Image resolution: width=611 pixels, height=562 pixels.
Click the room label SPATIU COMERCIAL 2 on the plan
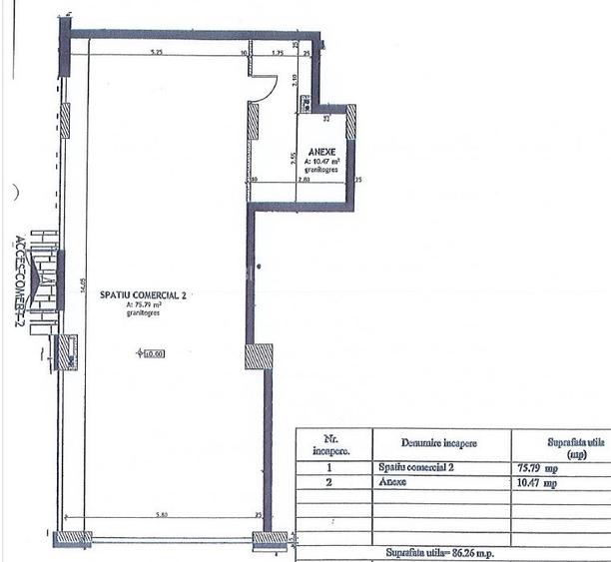point(144,295)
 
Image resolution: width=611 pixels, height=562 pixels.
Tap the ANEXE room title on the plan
point(322,151)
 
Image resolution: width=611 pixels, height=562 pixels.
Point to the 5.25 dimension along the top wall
point(156,51)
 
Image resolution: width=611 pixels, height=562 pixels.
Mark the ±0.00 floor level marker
point(151,352)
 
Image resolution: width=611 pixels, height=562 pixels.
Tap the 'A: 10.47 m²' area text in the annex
point(322,161)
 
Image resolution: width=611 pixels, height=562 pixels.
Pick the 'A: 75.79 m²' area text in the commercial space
point(144,305)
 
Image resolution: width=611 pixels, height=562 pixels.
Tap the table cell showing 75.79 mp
point(538,466)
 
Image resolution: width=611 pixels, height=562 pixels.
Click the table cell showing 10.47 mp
point(538,482)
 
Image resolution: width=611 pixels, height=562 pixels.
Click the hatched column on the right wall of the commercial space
point(259,356)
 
